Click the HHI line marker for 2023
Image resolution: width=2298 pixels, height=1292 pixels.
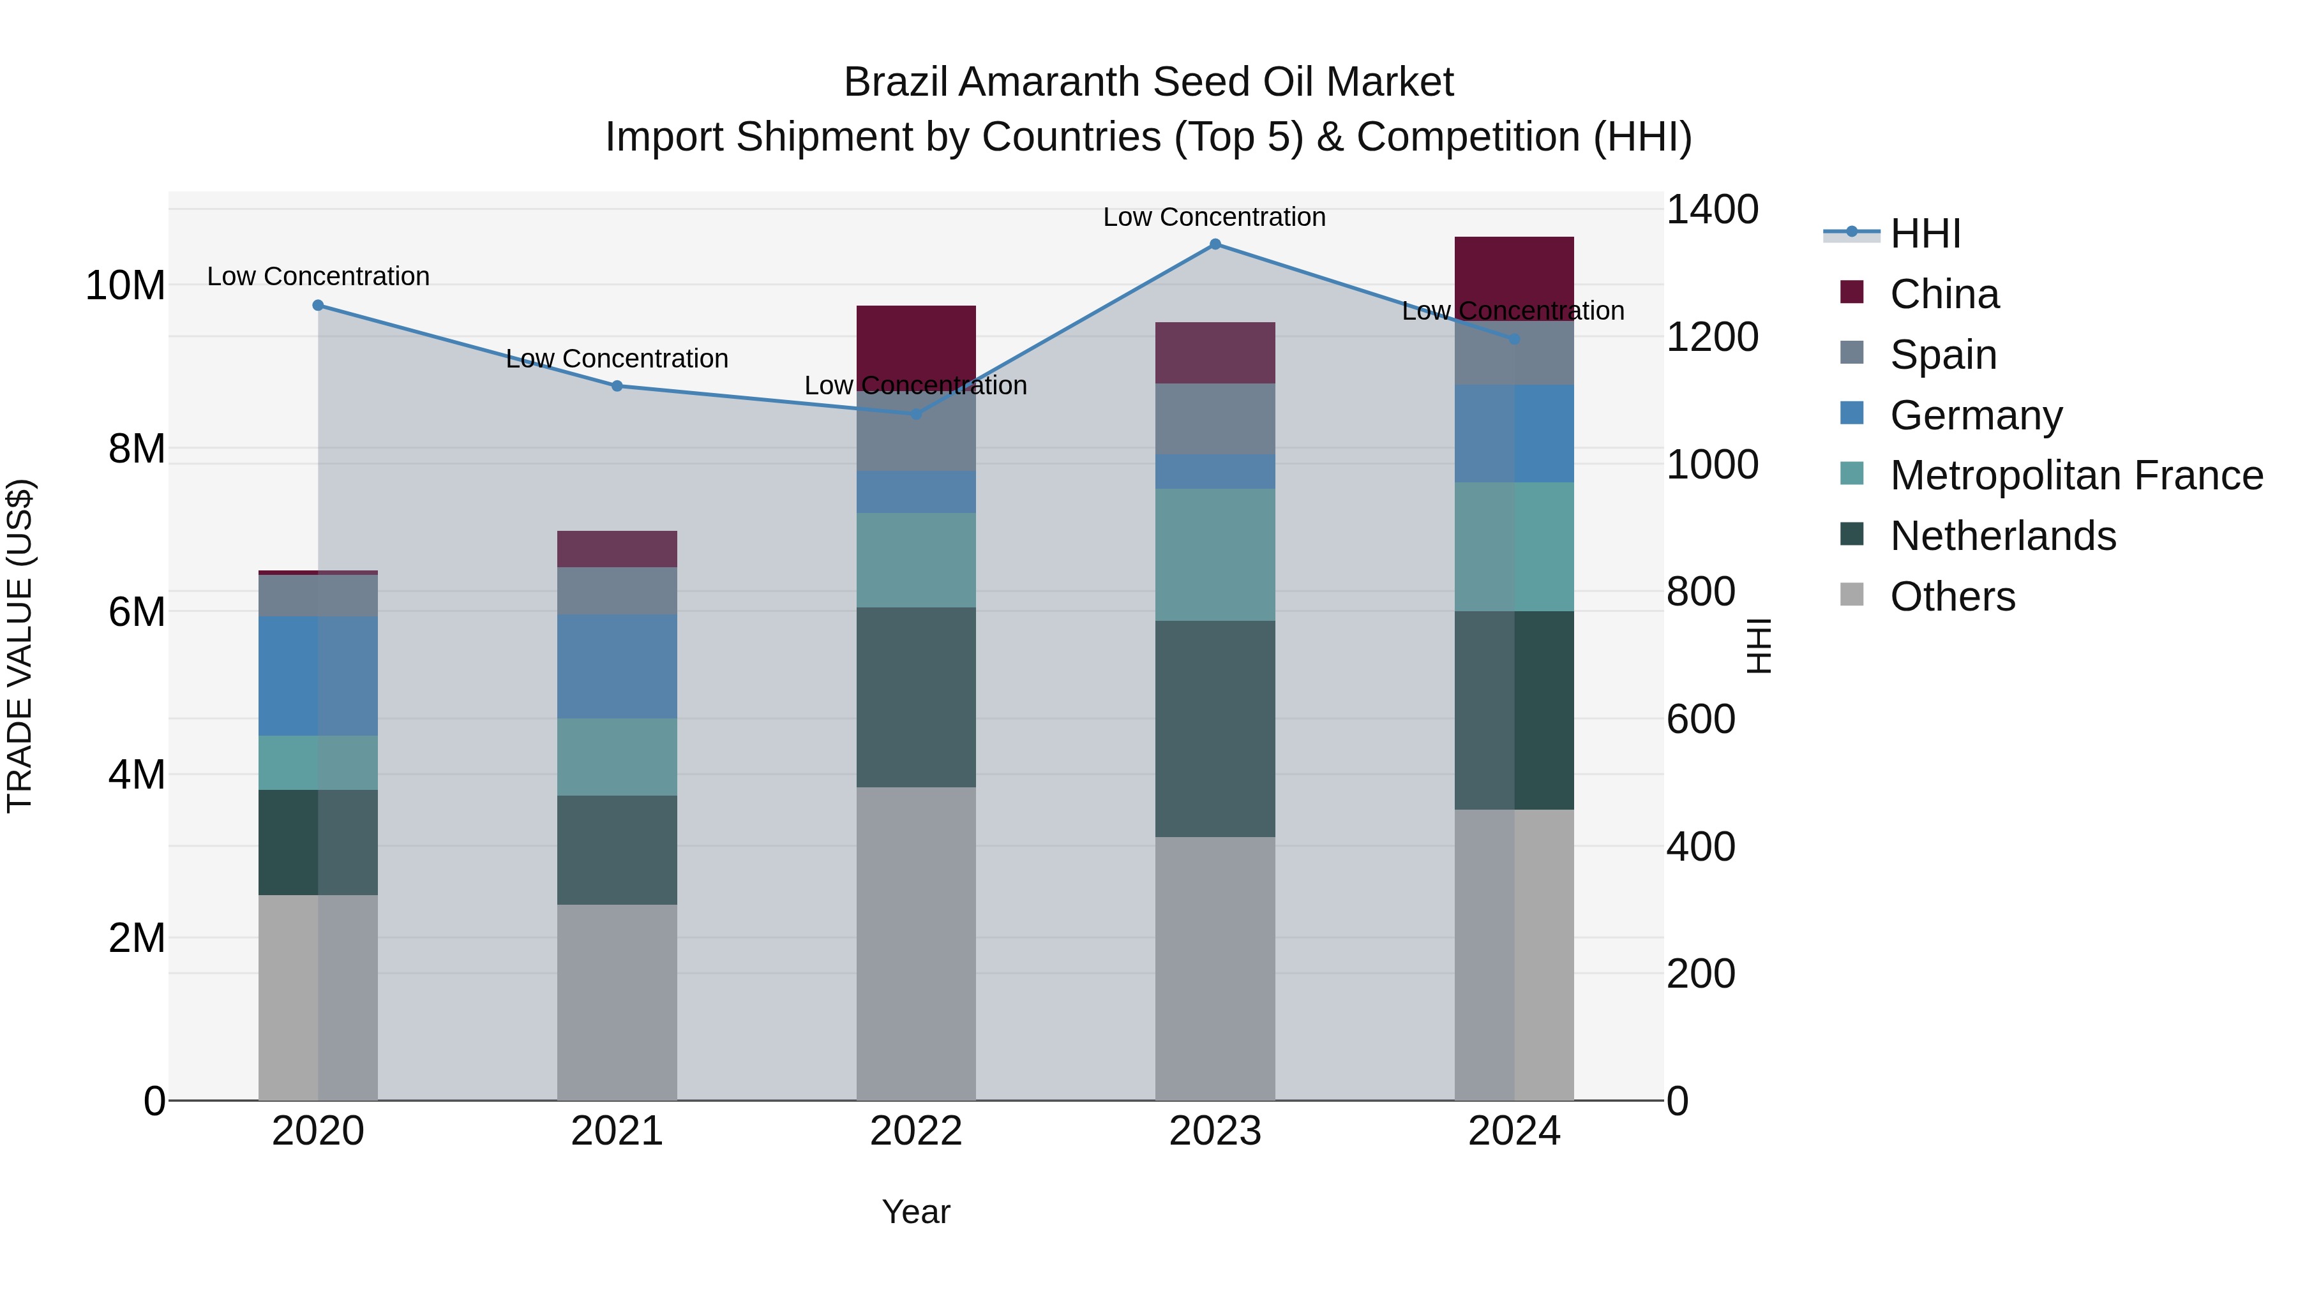(x=1215, y=244)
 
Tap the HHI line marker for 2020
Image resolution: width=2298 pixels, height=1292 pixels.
(x=319, y=306)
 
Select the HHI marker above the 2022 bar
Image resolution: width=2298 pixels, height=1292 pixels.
(x=916, y=413)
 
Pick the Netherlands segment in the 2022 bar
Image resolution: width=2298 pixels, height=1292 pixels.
(x=916, y=697)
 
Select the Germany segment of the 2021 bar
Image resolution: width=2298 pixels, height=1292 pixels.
(x=617, y=666)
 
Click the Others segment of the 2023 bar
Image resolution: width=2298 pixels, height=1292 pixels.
(x=1215, y=967)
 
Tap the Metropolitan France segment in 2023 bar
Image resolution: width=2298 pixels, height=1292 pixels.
(x=1215, y=554)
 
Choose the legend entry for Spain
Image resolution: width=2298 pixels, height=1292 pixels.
(x=1943, y=355)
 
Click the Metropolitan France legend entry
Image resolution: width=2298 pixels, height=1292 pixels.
(x=2076, y=476)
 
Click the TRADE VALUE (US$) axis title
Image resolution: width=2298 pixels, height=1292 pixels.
(x=20, y=646)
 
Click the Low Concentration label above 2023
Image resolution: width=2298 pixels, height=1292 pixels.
(x=1214, y=218)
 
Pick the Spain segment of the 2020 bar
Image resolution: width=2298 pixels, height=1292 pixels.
(x=319, y=596)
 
